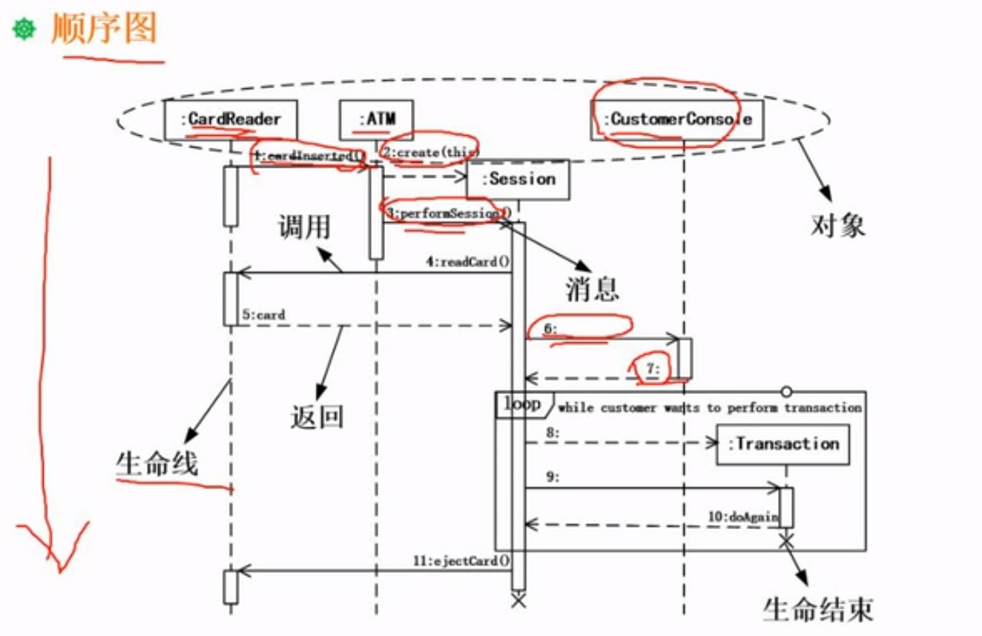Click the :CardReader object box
[231, 119]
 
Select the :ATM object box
[376, 119]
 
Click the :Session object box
[518, 180]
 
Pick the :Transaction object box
[783, 445]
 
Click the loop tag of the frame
[523, 404]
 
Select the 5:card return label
[263, 315]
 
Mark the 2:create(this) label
[431, 151]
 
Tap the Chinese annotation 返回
[317, 417]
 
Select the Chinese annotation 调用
[304, 227]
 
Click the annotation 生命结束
[818, 609]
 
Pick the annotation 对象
[838, 224]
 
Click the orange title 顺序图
[104, 30]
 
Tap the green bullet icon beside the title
[24, 30]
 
